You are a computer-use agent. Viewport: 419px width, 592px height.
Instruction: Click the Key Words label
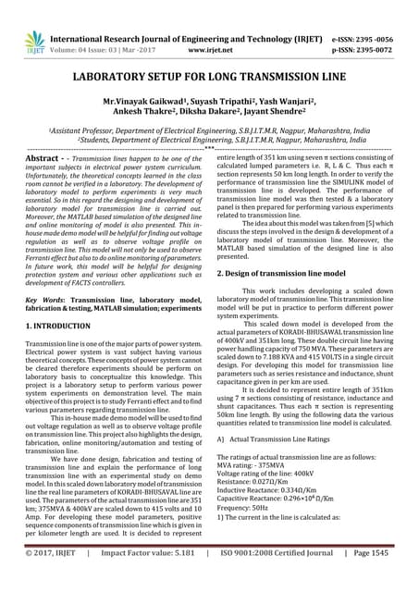[x=44, y=302]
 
